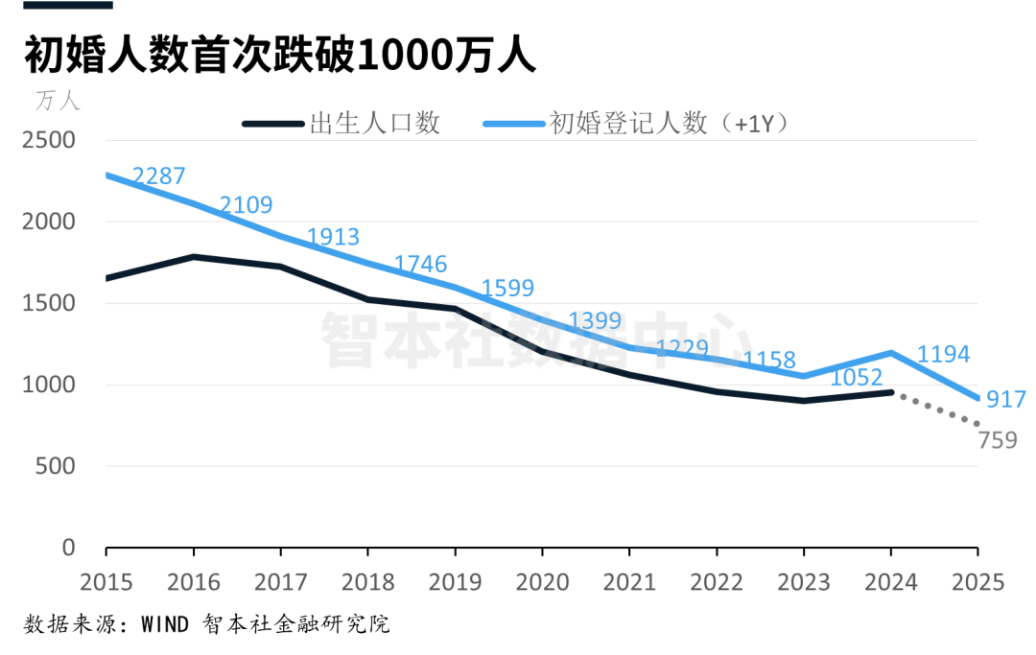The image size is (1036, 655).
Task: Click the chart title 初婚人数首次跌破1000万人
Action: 279,57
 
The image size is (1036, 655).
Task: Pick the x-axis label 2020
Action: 542,582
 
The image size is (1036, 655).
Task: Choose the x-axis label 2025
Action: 977,582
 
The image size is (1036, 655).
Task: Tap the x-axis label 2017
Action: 280,582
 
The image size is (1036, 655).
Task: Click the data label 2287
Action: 159,176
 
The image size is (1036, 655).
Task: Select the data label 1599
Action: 507,288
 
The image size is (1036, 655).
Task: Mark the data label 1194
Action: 944,354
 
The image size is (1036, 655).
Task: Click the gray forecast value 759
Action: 998,441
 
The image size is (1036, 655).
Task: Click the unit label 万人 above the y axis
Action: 59,100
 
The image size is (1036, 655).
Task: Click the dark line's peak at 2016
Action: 194,257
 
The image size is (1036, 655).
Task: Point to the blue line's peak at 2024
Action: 891,353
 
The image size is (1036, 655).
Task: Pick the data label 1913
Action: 333,237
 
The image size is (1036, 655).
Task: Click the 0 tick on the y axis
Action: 67,548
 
